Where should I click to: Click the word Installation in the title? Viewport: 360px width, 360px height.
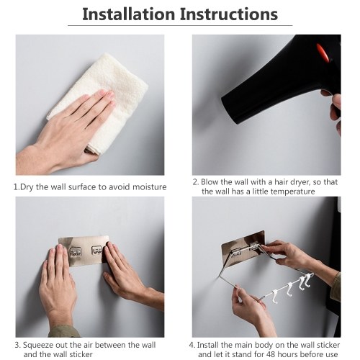129,14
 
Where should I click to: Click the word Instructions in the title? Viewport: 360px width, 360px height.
229,14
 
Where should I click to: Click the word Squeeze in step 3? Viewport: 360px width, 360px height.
38,346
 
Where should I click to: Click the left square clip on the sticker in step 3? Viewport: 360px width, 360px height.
75,251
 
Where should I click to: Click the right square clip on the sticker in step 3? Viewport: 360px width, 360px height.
96,250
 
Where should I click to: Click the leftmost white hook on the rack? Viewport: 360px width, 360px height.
274,297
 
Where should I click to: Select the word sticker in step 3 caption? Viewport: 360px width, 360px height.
81,354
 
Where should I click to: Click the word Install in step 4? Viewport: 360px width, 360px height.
207,345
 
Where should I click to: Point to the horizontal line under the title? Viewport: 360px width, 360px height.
180,25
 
